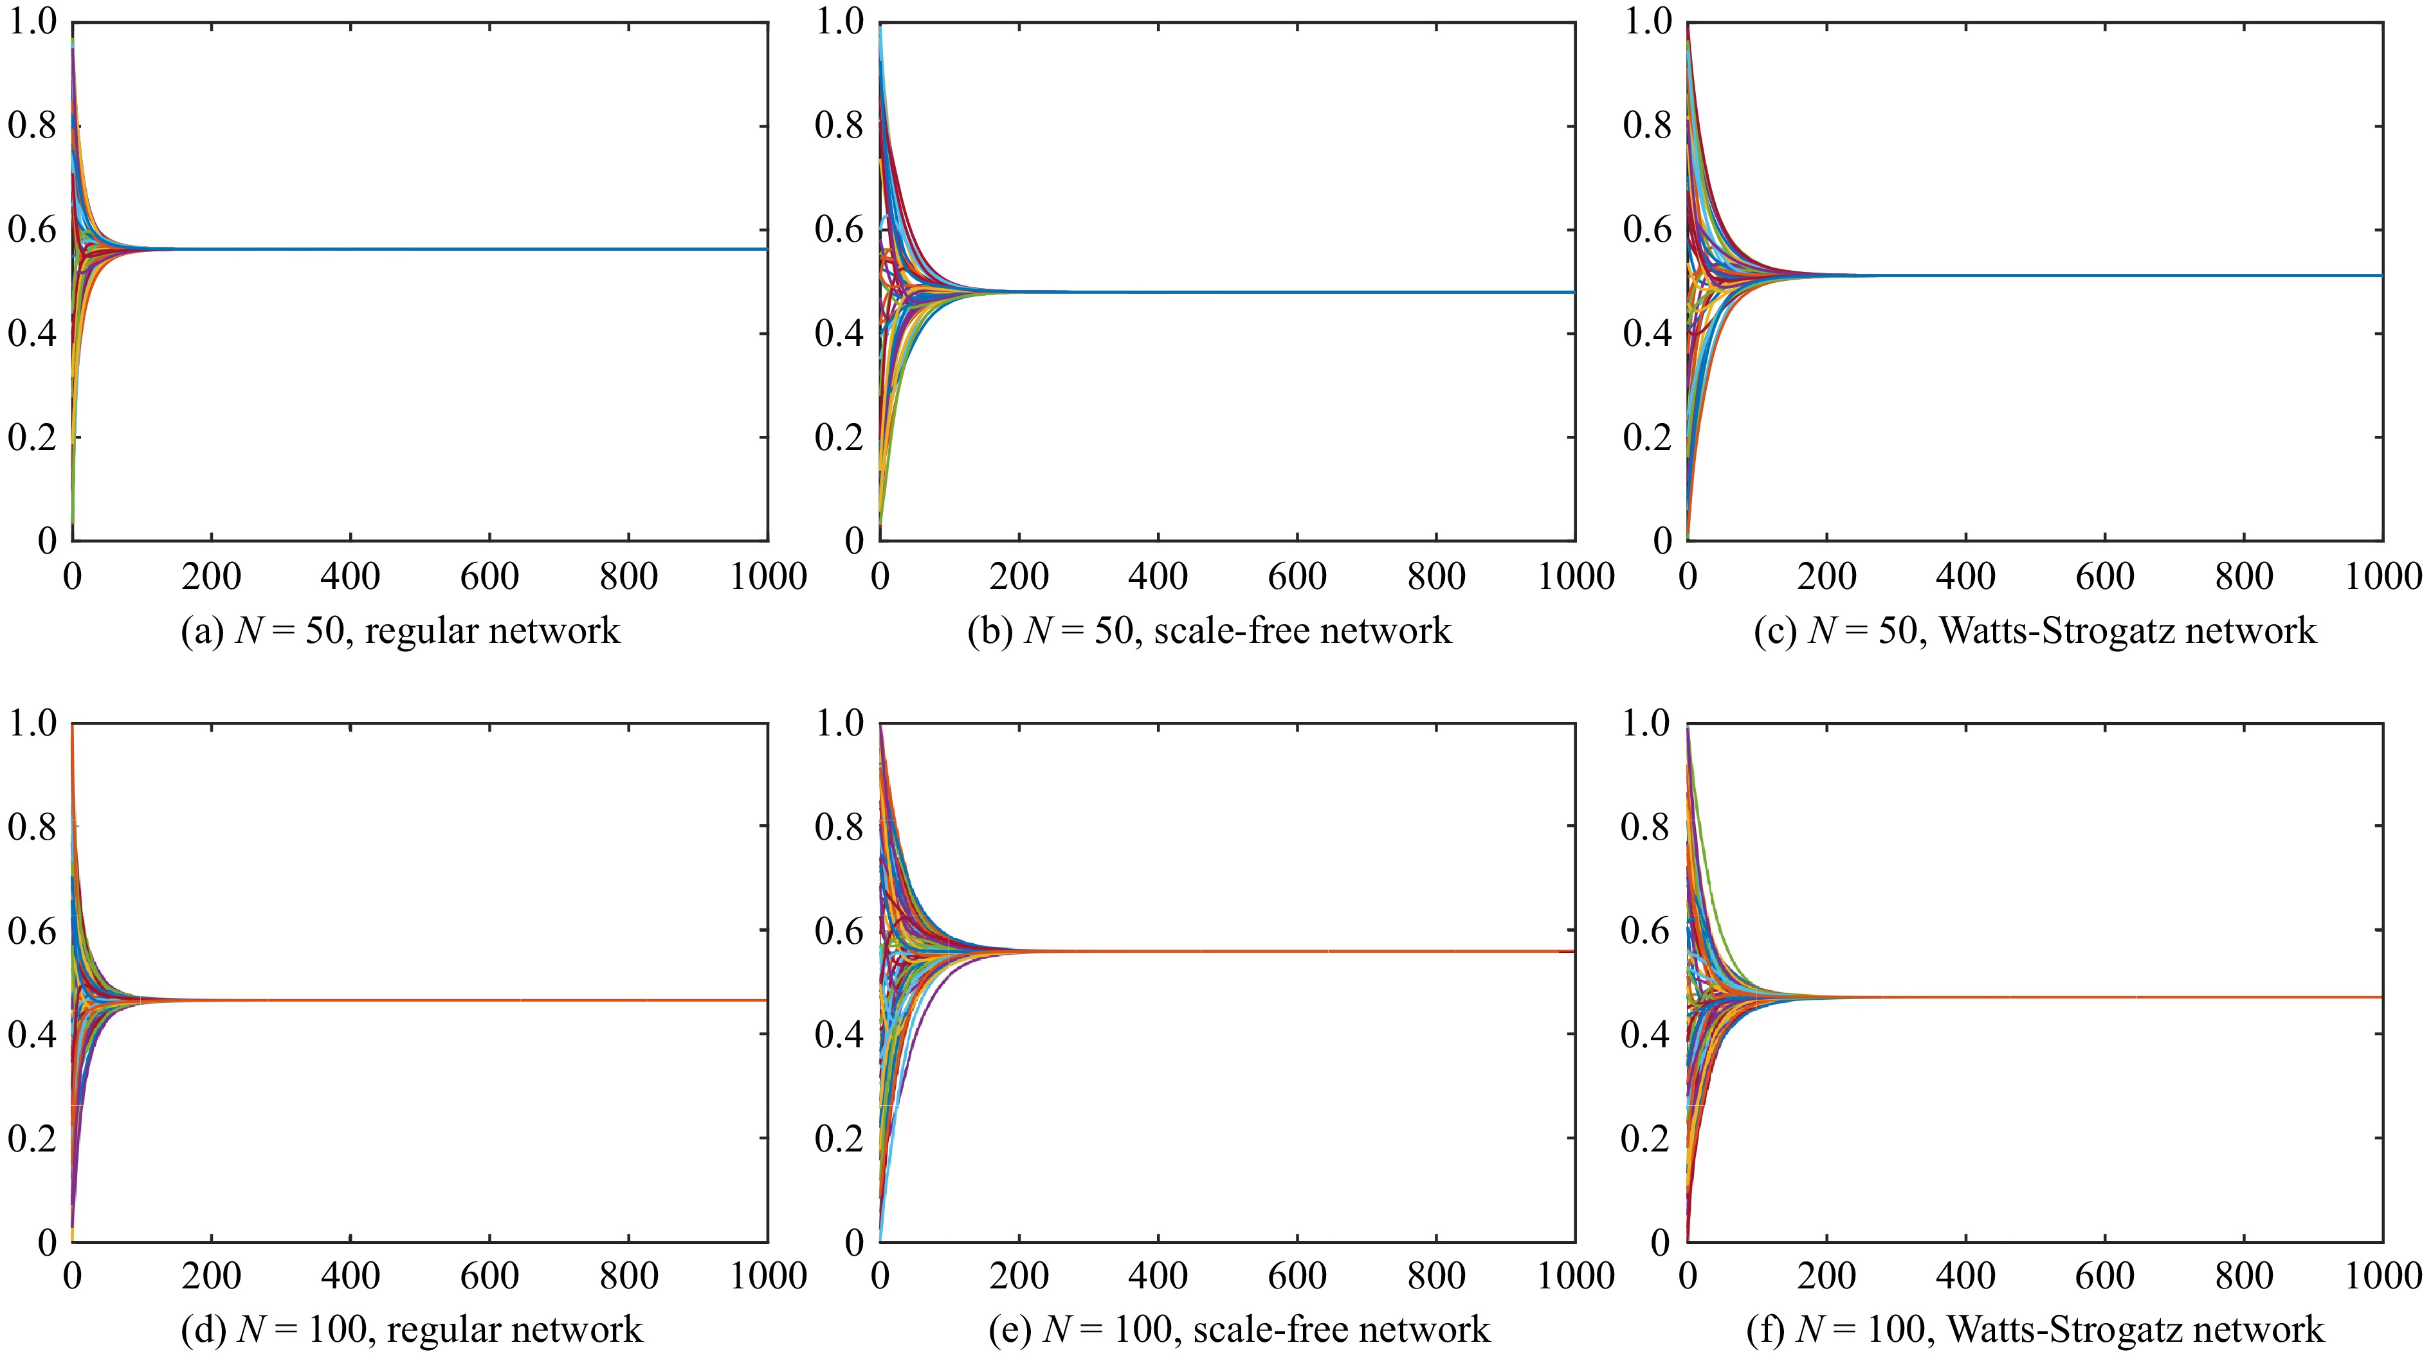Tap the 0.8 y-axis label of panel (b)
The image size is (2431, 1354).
[839, 125]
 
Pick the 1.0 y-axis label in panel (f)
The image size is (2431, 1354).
[1646, 724]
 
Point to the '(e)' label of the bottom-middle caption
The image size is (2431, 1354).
[1010, 1330]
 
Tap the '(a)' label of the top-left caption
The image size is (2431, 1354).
[202, 630]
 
